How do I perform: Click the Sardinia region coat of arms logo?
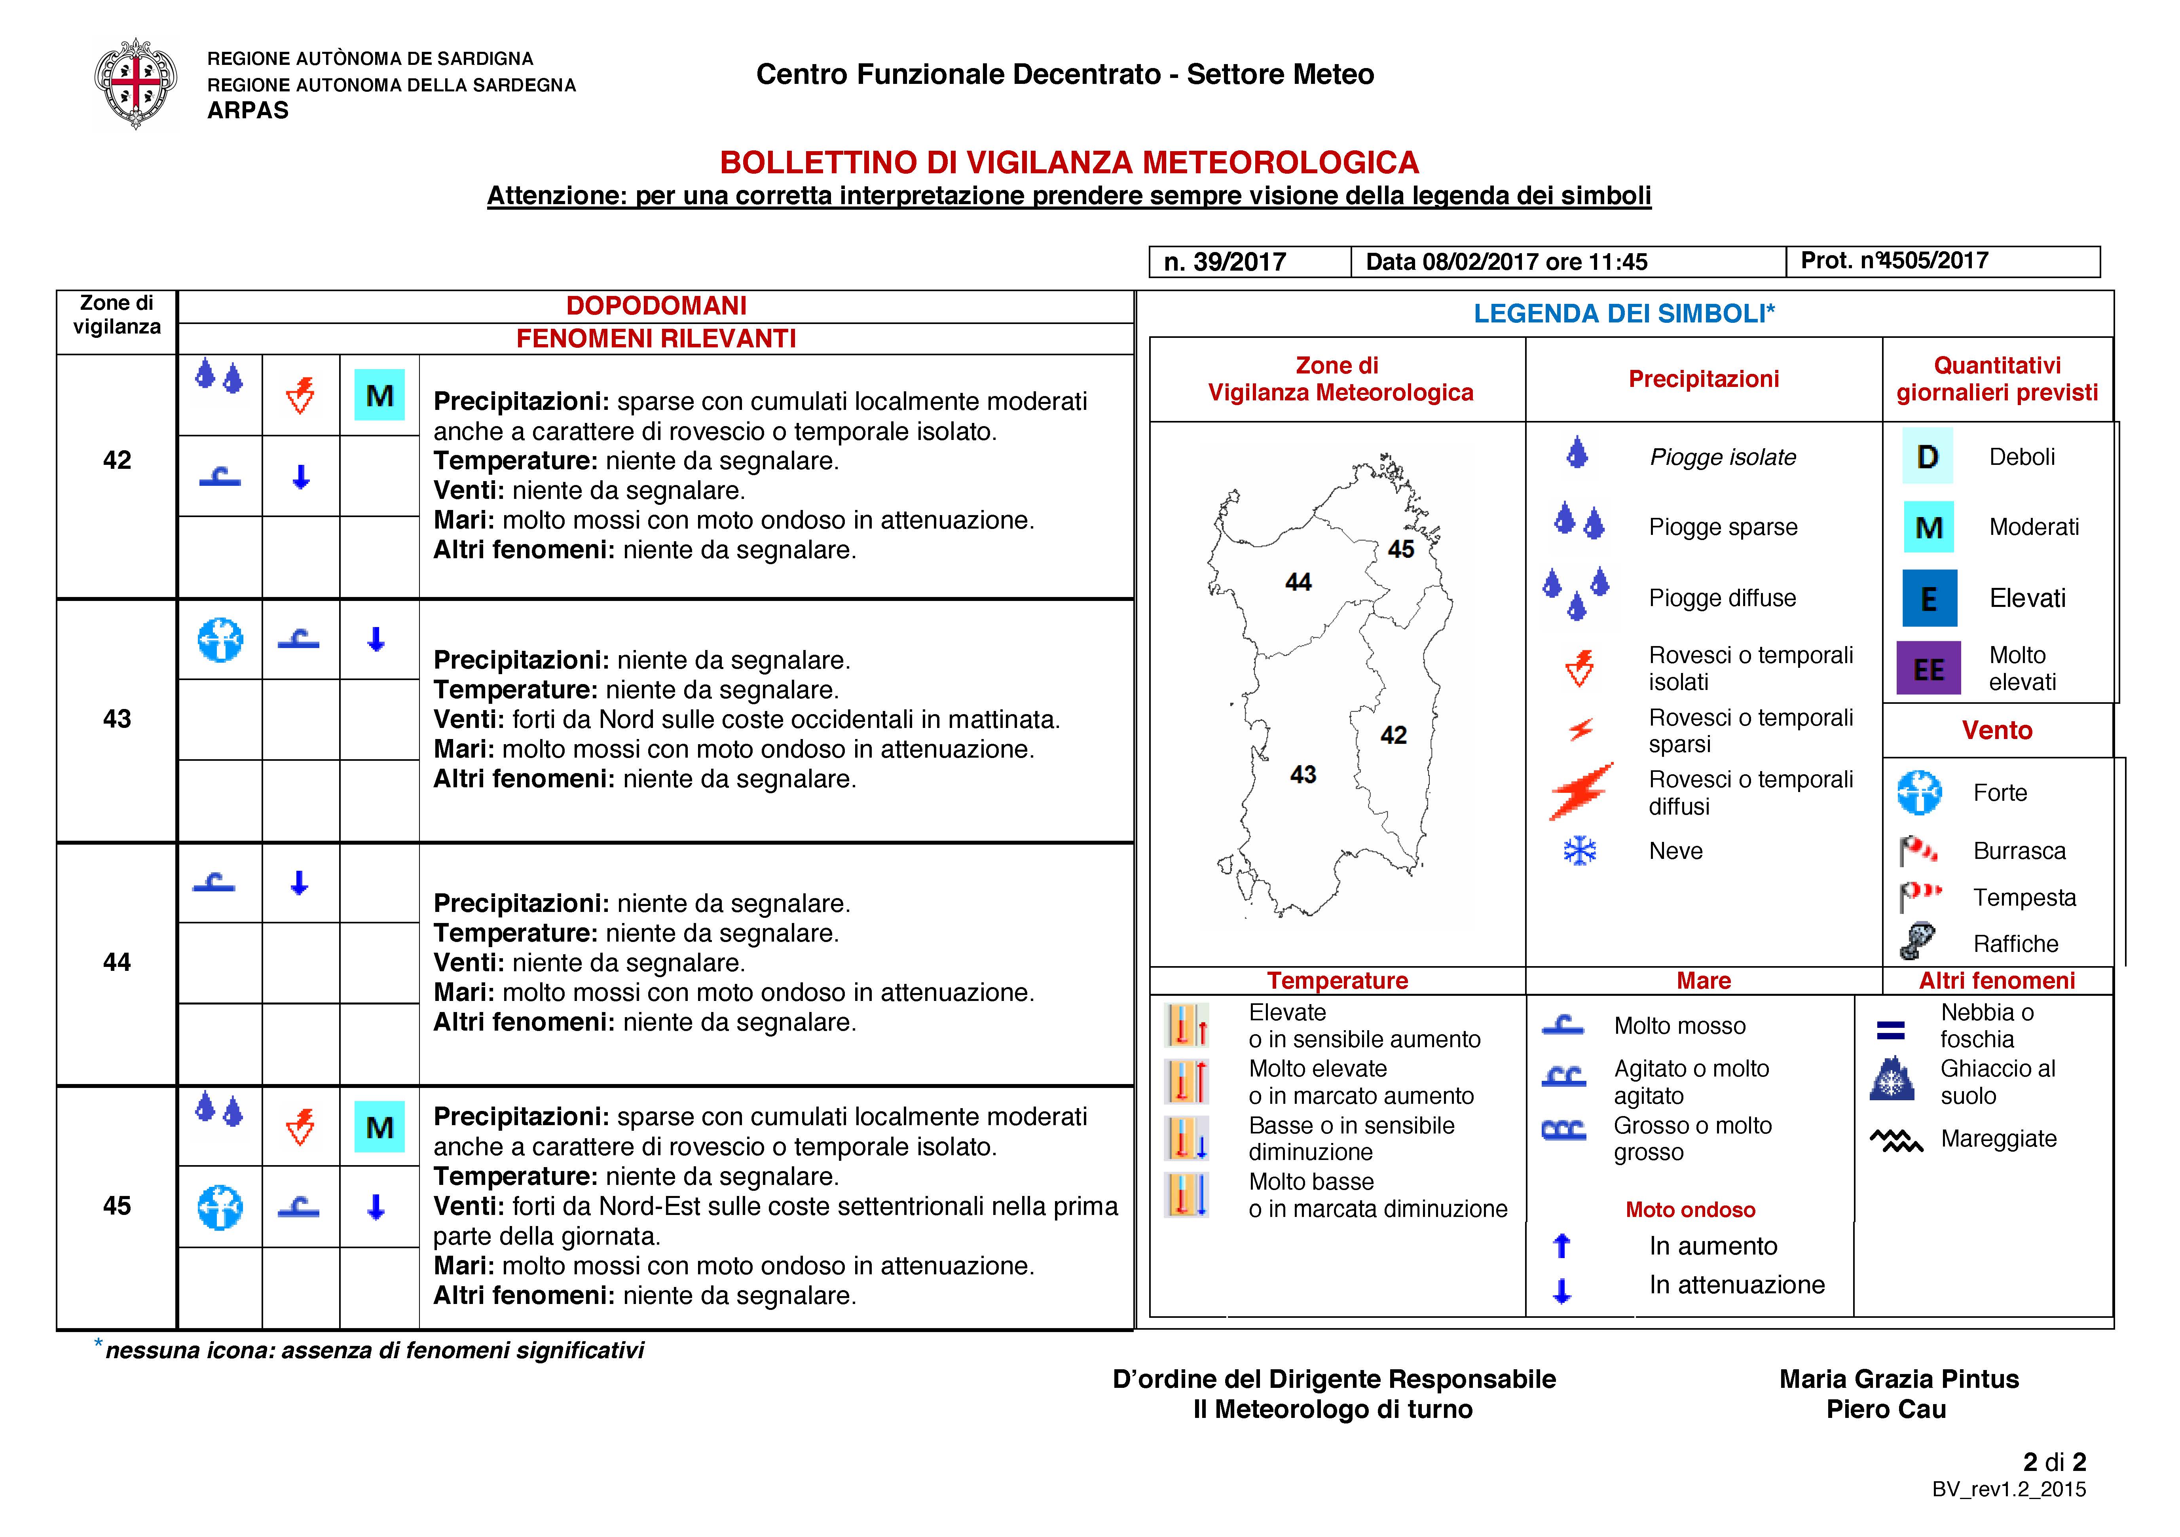pos(136,83)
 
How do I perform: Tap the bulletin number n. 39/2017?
pos(1225,262)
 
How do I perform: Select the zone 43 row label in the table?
pos(117,719)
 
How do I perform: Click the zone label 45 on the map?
pos(1400,549)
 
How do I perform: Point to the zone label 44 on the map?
pos(1298,582)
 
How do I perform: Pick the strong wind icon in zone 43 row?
pos(220,640)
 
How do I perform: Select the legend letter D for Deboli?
pos(1928,457)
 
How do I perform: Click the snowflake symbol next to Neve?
pos(1580,851)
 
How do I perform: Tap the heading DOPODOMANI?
pos(656,306)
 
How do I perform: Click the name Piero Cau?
pos(1886,1409)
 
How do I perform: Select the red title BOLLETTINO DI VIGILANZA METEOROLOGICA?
pos(1069,162)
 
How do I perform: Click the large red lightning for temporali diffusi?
pos(1581,791)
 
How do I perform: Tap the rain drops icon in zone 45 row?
pos(219,1108)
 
